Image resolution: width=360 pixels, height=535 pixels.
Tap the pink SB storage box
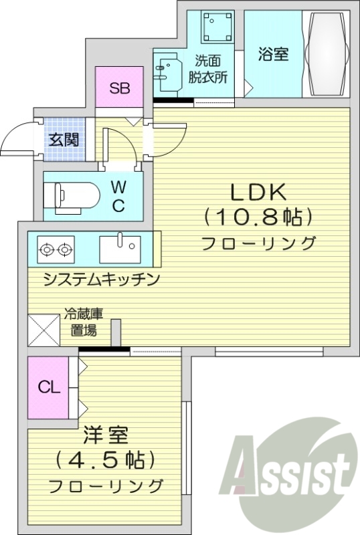(120, 88)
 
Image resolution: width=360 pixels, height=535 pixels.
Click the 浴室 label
(274, 55)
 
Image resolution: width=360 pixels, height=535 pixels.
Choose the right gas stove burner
(64, 251)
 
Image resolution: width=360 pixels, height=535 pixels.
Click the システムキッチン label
(101, 280)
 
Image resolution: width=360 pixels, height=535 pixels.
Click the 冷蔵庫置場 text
(84, 322)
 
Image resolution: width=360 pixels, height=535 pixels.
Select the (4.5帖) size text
(106, 460)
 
